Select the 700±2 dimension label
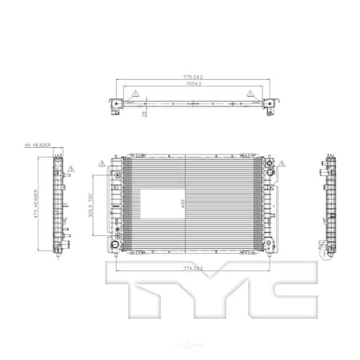193,84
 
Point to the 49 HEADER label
38,146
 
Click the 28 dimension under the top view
145,114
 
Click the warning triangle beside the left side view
70,170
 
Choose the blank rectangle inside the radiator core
141,205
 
